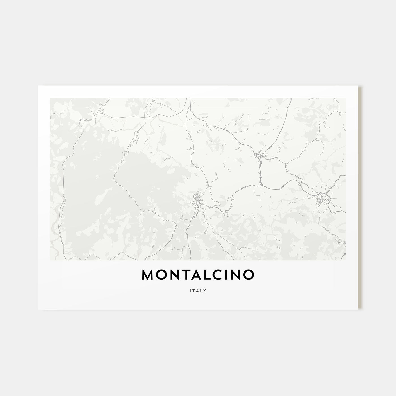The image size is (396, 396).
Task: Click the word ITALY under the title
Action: point(198,290)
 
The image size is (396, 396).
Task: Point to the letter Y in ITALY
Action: point(205,290)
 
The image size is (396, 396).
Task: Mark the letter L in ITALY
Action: point(201,290)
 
